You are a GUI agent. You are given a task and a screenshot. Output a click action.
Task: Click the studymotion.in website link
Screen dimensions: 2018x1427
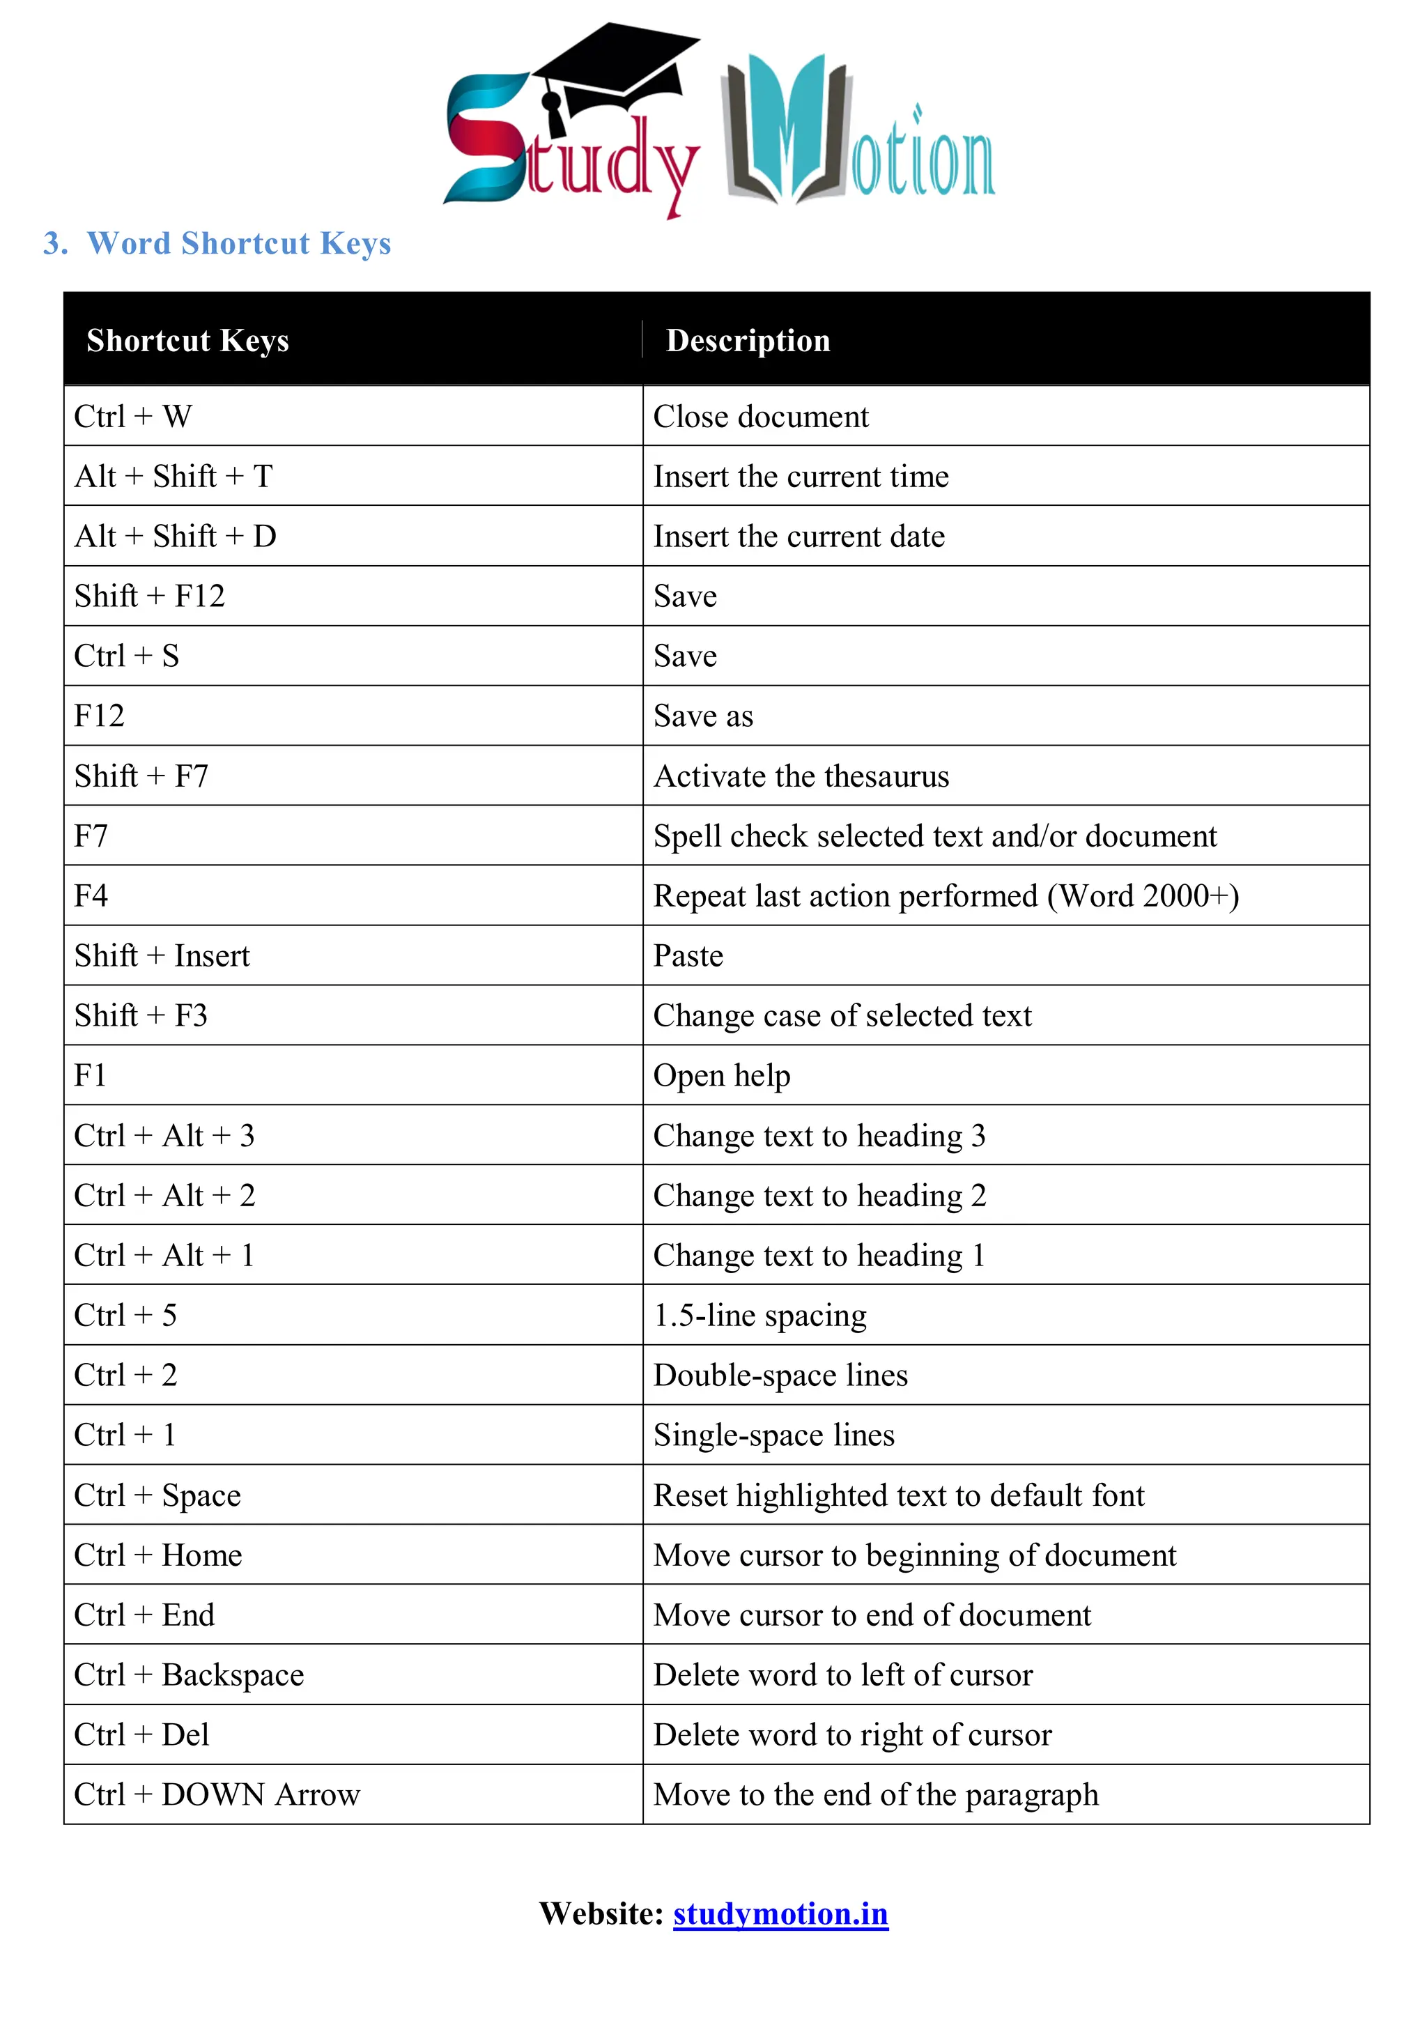click(780, 1913)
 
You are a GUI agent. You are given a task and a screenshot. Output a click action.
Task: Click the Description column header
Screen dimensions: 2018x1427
click(748, 340)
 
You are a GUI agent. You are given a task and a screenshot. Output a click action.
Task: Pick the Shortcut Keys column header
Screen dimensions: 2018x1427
click(187, 340)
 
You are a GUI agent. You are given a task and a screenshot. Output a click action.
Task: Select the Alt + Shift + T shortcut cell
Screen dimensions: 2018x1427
click(174, 477)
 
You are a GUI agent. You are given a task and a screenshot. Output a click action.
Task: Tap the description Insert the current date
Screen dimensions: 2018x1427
click(799, 536)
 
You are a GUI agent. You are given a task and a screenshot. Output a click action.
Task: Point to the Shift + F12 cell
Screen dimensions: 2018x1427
click(149, 596)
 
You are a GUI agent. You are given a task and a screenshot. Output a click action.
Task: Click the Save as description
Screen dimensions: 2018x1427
click(703, 716)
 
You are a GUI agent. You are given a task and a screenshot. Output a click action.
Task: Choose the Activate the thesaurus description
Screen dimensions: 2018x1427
click(801, 776)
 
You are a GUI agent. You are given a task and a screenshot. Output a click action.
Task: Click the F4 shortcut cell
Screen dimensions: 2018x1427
click(91, 895)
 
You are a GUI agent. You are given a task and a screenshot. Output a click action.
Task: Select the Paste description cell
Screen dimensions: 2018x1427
click(688, 955)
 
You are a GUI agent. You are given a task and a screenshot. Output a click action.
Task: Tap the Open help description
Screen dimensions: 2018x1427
click(721, 1076)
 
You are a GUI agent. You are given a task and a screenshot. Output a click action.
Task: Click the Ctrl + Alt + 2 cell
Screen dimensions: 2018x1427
click(164, 1195)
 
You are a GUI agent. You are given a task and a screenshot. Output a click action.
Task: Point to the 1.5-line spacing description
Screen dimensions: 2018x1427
click(759, 1316)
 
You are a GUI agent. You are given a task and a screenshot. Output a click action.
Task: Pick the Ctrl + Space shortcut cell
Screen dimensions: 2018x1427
click(157, 1495)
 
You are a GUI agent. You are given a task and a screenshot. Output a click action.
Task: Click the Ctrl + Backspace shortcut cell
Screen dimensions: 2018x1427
click(189, 1675)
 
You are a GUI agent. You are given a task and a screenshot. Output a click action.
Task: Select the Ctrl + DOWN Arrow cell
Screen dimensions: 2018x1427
click(217, 1795)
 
